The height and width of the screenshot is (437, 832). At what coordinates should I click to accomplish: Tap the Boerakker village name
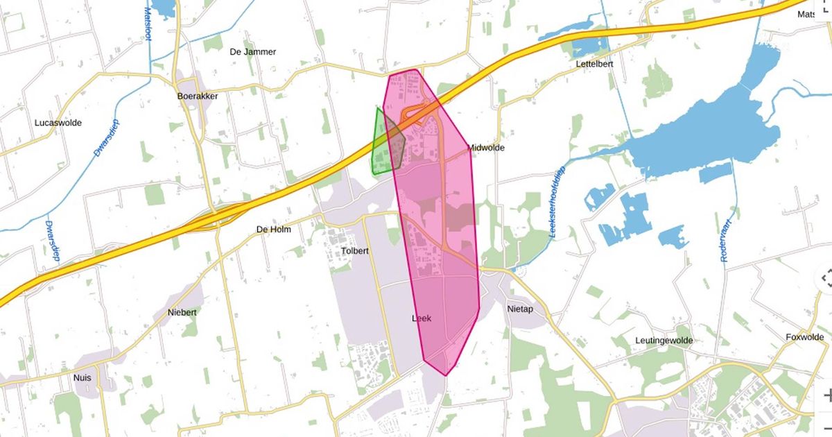coord(197,96)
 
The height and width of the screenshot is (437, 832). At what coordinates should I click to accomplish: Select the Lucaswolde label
coord(58,123)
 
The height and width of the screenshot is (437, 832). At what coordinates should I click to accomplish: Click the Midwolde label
coord(486,148)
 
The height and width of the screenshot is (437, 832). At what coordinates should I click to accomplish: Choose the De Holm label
coord(273,230)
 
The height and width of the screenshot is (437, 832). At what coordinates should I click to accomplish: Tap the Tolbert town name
coord(355,250)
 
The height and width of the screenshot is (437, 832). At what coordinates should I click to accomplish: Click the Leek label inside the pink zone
coord(422,318)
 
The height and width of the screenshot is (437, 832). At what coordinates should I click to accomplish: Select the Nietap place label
coord(520,309)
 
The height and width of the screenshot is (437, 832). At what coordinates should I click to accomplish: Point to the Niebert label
coord(182,313)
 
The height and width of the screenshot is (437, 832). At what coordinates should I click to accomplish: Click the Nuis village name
coord(82,378)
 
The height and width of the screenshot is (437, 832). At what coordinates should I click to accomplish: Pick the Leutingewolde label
coord(664,341)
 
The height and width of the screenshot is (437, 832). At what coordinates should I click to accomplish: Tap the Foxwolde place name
coord(804,338)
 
